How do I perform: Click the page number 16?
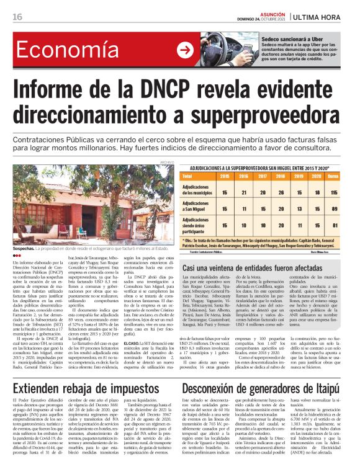[x=17, y=17]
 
